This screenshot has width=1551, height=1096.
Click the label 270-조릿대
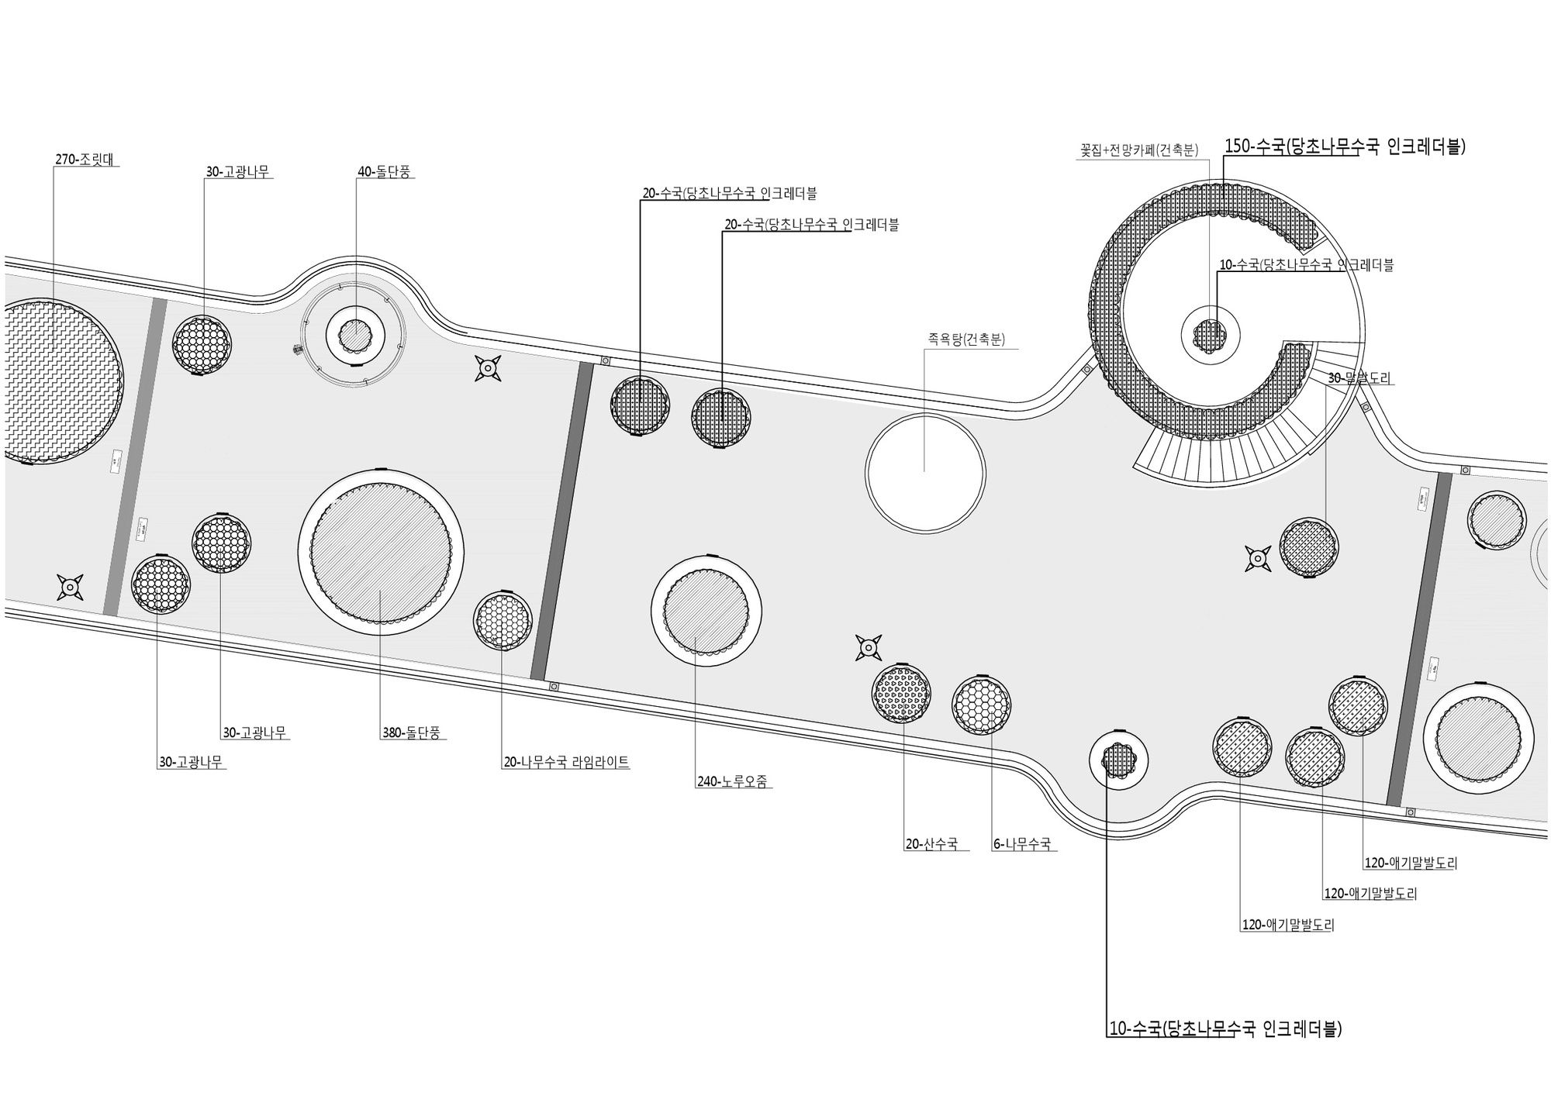pos(87,160)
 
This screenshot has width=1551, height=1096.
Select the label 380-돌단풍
pos(410,732)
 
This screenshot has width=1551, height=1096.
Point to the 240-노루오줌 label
pos(732,782)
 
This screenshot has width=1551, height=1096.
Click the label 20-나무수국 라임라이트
pos(566,763)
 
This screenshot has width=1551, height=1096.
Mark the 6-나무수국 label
pos(1022,844)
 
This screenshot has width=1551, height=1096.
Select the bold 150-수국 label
pos(1345,147)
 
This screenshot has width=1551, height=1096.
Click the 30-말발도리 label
pos(1359,378)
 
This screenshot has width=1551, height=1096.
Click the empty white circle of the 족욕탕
pos(924,472)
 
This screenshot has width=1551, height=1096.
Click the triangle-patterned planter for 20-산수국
pos(901,692)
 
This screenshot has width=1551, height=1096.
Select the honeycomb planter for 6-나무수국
pos(981,705)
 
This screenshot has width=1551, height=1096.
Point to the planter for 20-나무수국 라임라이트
pos(503,621)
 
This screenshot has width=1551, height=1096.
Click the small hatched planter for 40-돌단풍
pos(357,336)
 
